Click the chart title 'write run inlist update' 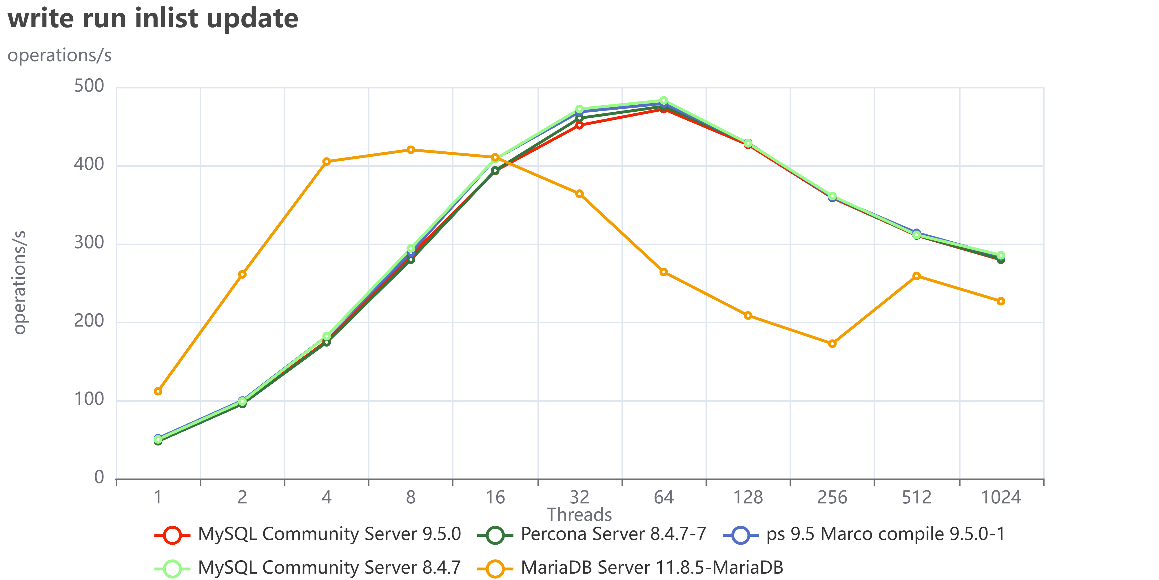153,19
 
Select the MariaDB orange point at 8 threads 411,150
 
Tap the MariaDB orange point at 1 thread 158,391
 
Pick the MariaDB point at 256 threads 832,344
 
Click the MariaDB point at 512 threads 916,276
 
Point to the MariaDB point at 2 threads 242,274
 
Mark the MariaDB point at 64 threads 664,272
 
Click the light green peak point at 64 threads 664,101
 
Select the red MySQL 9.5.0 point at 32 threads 579,125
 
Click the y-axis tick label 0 99,477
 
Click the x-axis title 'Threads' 579,514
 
